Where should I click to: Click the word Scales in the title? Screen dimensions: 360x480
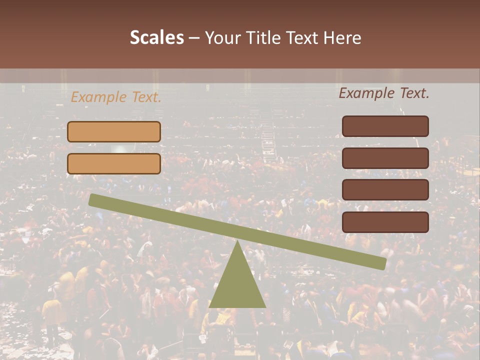click(156, 37)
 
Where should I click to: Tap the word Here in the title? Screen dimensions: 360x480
click(342, 37)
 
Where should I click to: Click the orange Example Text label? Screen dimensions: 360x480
click(116, 97)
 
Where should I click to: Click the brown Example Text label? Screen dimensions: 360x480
click(384, 93)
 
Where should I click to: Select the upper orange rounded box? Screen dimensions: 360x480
click(114, 131)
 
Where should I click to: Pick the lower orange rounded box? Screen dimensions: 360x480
click(114, 163)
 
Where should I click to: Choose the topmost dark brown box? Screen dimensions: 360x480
click(385, 126)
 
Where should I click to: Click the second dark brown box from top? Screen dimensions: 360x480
click(385, 158)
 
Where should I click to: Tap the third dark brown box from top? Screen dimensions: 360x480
click(385, 190)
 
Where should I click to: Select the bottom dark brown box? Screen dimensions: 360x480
click(385, 222)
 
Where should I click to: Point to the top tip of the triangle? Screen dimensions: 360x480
click(237, 242)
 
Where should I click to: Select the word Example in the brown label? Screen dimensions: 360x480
click(367, 93)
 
